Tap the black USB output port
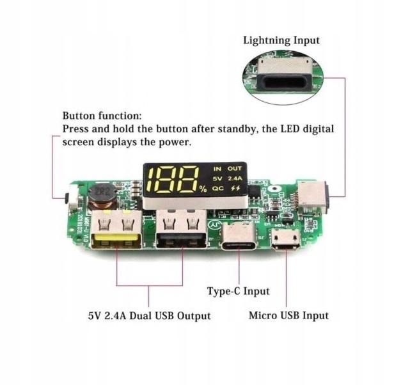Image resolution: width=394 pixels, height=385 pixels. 180,234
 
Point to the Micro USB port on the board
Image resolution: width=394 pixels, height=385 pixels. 284,239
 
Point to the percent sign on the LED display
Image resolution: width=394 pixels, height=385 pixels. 202,189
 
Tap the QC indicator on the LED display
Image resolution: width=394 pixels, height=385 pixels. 218,189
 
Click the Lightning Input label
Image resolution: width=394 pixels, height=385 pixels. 281,40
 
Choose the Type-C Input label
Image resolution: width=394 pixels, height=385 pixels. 238,291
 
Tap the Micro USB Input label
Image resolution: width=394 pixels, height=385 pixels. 288,315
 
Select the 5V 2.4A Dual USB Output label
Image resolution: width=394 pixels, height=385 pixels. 150,316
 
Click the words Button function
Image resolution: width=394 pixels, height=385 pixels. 102,116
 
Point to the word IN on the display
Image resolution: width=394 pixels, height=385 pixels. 217,168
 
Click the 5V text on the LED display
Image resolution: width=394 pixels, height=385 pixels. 217,178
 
